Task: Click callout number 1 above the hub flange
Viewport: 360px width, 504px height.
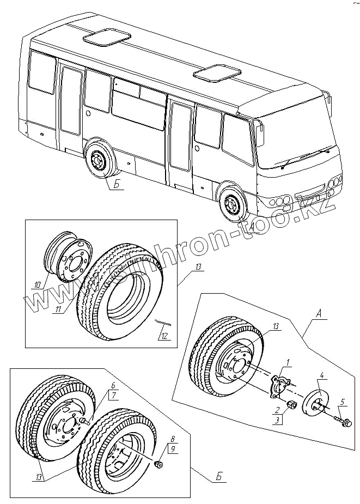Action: (x=288, y=362)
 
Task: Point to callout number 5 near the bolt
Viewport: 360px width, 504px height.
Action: (x=342, y=403)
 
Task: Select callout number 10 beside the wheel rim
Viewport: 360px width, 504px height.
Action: (x=37, y=284)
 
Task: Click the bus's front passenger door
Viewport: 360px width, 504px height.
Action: (x=180, y=143)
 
